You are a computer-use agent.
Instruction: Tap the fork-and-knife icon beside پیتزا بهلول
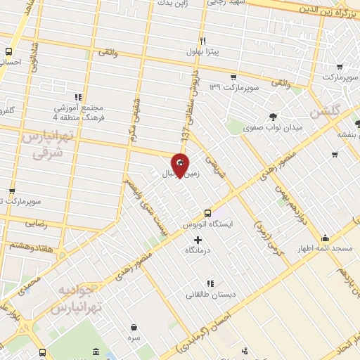pyautogui.click(x=202, y=41)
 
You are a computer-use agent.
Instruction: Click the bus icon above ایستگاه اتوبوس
pyautogui.click(x=207, y=213)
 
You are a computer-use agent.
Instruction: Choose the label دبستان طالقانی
pyautogui.click(x=208, y=295)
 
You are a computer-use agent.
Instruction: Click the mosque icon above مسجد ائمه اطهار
pyautogui.click(x=325, y=238)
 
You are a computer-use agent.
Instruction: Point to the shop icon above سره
pyautogui.click(x=134, y=327)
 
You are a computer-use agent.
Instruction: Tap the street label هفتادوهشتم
pyautogui.click(x=29, y=245)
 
